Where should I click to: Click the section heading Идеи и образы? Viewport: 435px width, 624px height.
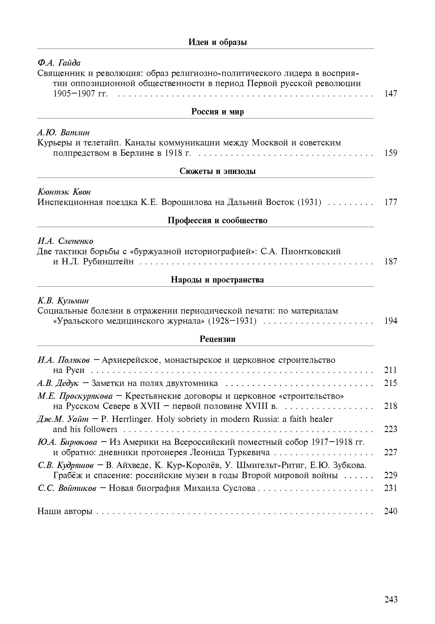pos(217,42)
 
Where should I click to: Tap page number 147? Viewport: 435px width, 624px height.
pos(391,94)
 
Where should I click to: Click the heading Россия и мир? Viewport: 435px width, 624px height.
pos(217,112)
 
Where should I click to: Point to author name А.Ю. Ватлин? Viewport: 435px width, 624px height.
pos(63,133)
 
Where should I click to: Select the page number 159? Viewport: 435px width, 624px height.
pos(391,153)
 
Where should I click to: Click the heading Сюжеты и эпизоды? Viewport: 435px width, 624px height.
pos(217,171)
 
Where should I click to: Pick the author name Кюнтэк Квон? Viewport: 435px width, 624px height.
pos(64,192)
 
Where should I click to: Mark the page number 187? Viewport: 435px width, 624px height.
pos(391,262)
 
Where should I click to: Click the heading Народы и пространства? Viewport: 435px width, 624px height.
pos(217,280)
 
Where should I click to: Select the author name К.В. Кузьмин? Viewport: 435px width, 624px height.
pos(63,301)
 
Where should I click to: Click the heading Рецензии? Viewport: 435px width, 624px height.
pos(217,339)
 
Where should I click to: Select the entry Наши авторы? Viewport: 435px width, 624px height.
pos(65,511)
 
